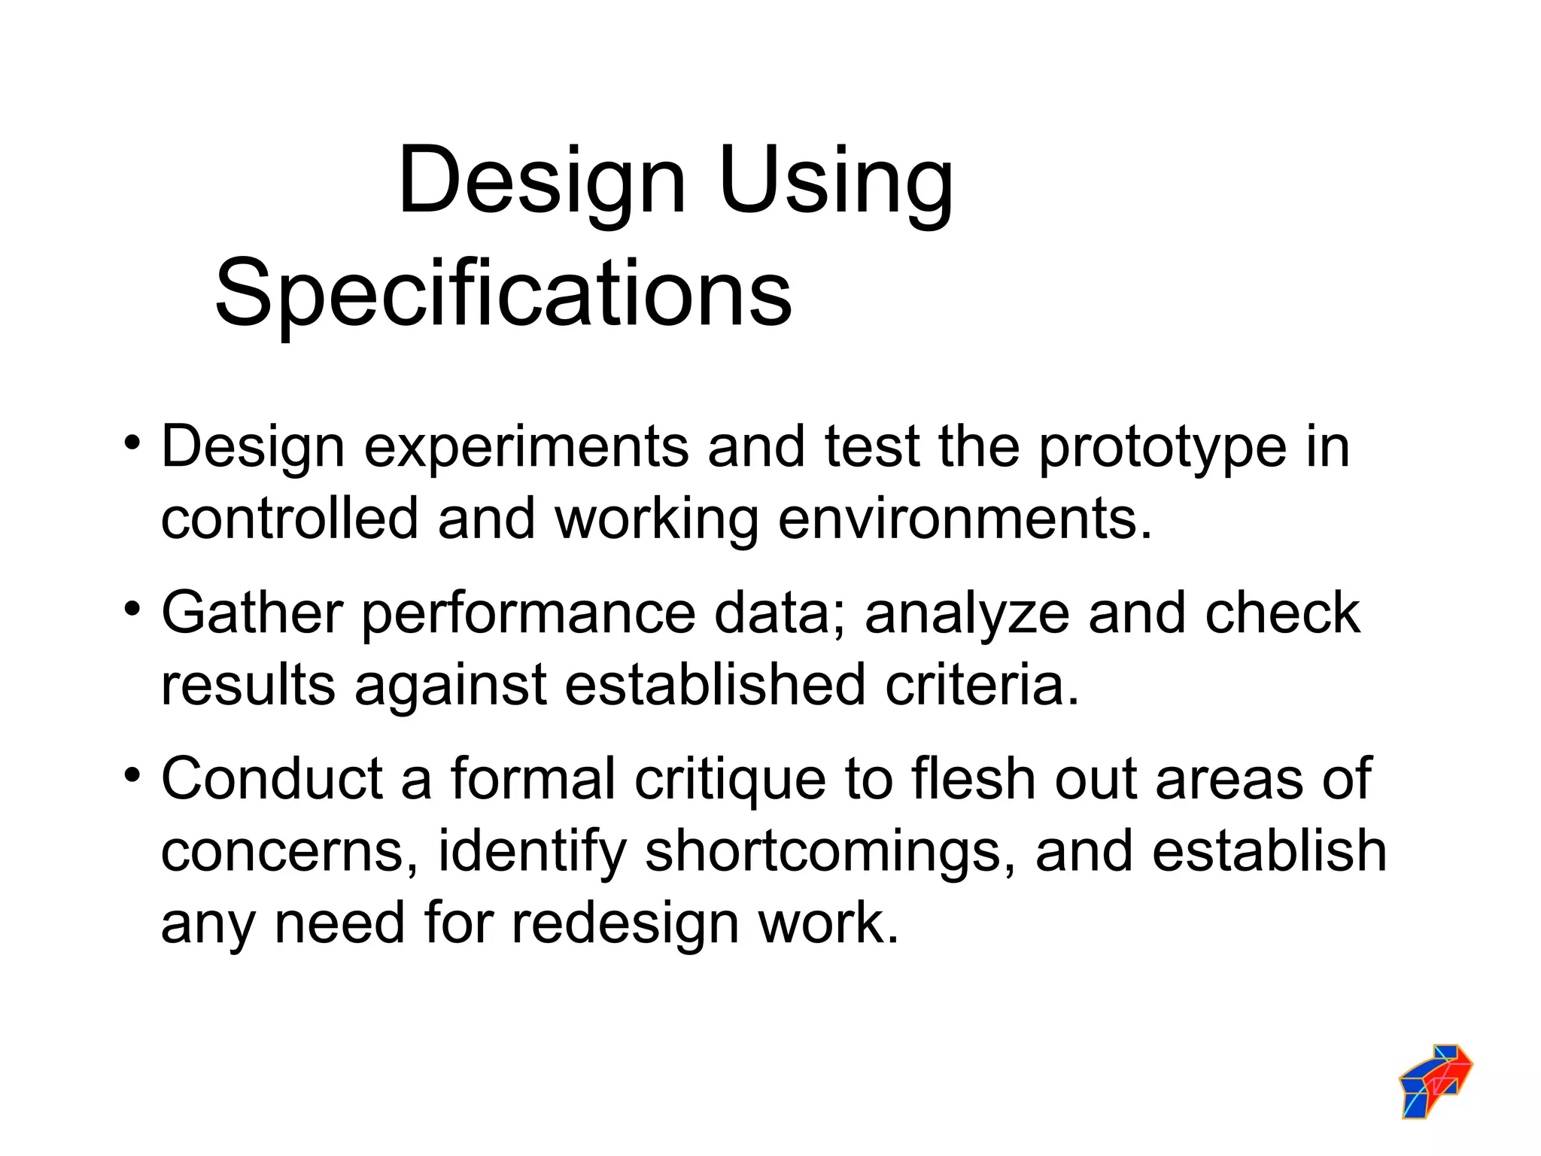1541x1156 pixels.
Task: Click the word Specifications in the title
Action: (503, 294)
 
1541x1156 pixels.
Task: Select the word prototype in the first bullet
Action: (1163, 448)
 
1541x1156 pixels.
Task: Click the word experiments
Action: (526, 448)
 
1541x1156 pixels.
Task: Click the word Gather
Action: (252, 613)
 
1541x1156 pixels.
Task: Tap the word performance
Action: (529, 613)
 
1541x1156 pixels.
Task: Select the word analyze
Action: (966, 613)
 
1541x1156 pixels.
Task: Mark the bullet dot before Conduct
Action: (132, 773)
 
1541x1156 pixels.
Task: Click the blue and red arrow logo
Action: (1435, 1081)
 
